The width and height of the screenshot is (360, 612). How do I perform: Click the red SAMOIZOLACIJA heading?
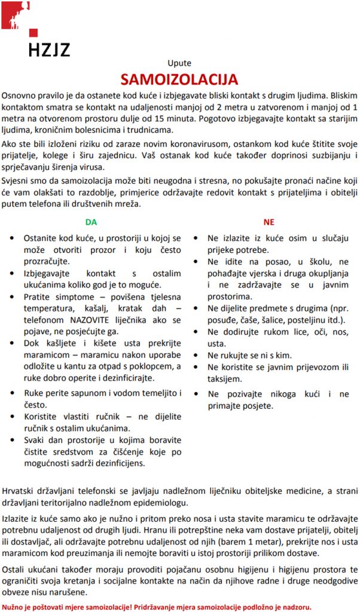(179, 79)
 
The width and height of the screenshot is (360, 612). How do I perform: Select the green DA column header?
(91, 222)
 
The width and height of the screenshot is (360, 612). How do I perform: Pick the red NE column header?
(269, 222)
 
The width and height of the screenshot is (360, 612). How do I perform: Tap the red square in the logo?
(33, 33)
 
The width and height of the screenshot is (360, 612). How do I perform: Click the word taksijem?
(225, 378)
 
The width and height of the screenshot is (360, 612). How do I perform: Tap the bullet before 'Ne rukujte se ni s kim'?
(197, 355)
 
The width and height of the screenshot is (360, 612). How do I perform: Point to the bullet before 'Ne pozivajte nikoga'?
(197, 394)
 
